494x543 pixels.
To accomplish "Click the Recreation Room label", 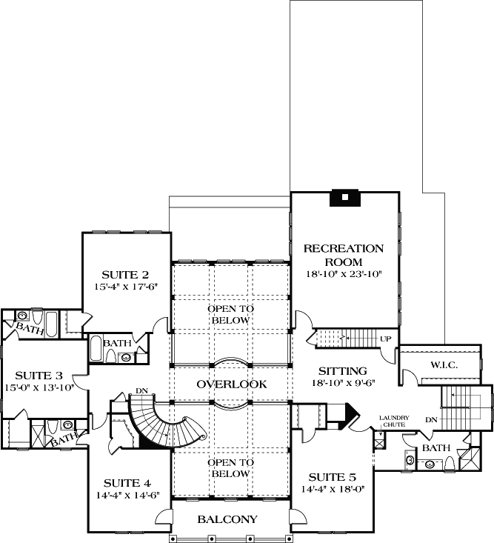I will click(344, 255).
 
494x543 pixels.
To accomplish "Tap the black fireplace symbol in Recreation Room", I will click(344, 197).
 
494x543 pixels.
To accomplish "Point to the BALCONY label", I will click(227, 519).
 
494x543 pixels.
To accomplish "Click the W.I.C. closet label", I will click(445, 364).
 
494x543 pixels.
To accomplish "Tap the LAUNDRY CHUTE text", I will click(394, 421).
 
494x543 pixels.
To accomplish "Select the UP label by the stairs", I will click(385, 339).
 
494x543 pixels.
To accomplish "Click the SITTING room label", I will click(343, 370).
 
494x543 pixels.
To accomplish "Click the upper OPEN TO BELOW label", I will click(230, 314).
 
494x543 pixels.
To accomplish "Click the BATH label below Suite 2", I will click(117, 343).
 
